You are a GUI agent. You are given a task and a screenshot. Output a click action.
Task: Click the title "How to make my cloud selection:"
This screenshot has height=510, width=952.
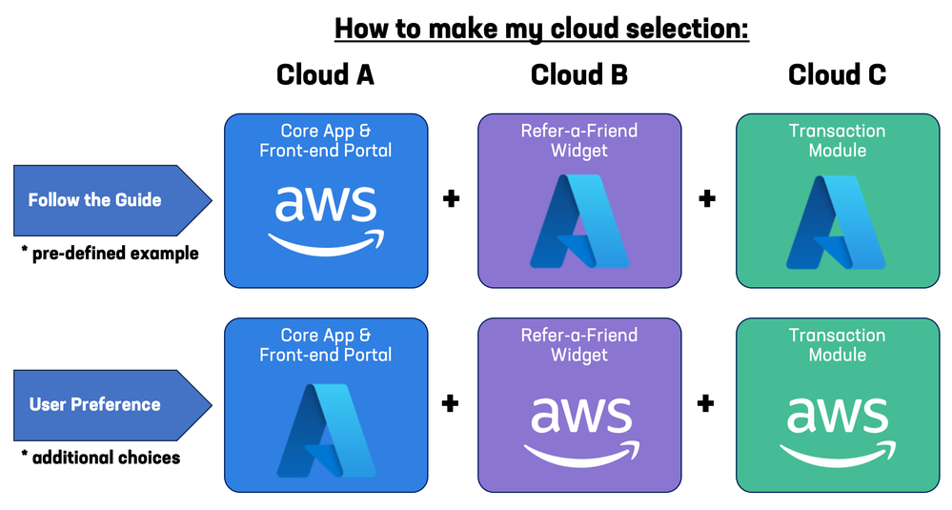coord(541,29)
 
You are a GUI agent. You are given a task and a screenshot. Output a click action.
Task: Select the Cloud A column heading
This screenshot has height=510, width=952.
coord(325,75)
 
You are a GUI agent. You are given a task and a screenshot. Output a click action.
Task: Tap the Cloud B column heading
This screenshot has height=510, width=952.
coord(579,75)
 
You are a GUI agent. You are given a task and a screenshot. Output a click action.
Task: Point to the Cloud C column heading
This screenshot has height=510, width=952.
coord(837,75)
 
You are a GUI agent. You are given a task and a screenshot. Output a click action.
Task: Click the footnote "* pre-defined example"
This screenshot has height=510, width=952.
coord(110,254)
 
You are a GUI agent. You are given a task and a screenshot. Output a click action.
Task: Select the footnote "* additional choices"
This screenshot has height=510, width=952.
coord(101,458)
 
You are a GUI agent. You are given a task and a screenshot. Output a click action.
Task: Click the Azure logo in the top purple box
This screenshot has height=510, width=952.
coord(578,221)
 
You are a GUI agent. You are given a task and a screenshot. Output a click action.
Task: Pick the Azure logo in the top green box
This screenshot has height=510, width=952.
coord(837,221)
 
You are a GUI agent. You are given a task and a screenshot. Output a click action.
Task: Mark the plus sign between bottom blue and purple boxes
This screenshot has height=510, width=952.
coord(451,403)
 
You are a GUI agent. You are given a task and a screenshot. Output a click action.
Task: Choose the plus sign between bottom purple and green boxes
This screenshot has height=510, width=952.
coord(706,403)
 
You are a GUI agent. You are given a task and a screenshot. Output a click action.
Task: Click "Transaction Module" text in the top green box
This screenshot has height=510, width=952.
coord(837,140)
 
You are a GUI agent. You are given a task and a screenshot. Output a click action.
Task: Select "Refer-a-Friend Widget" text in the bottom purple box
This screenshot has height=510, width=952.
coord(578,344)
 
